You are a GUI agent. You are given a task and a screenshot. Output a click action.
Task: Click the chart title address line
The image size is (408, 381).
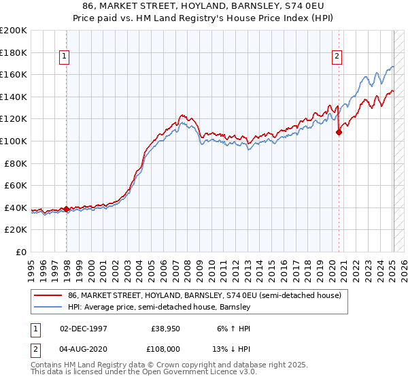click(x=203, y=6)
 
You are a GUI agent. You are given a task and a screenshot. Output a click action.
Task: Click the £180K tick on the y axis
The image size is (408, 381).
click(x=14, y=52)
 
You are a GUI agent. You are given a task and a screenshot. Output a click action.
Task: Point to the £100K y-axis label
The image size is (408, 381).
click(x=14, y=141)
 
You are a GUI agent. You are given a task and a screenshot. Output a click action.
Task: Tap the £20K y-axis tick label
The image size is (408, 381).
click(x=16, y=230)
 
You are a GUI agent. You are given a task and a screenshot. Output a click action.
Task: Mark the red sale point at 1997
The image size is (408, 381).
click(x=66, y=209)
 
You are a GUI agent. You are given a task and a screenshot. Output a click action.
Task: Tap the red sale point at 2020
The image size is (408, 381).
click(x=339, y=133)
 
